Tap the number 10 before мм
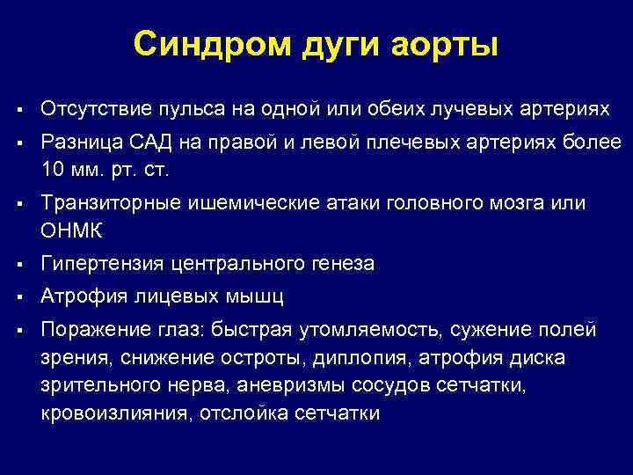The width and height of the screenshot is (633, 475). [x=51, y=167]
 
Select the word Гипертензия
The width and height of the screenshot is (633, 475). [x=98, y=263]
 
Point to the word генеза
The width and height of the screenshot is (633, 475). [x=338, y=263]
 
